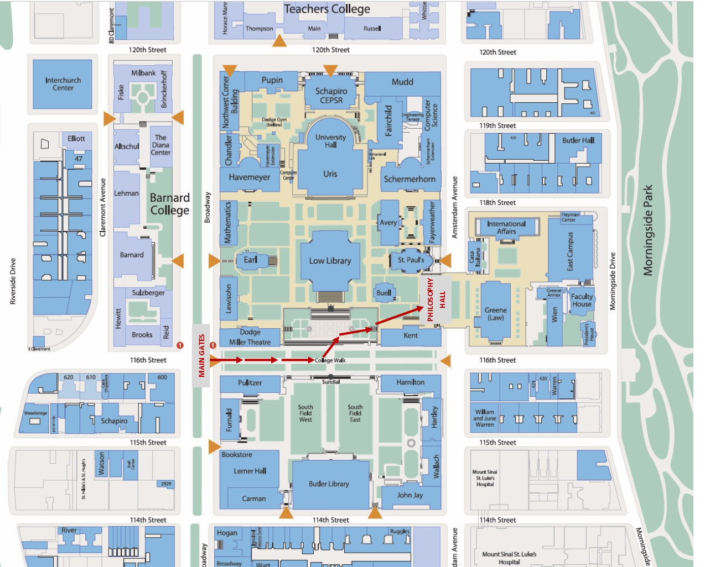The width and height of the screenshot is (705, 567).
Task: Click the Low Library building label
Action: click(x=330, y=261)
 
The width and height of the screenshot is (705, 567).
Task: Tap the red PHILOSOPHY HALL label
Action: click(x=436, y=299)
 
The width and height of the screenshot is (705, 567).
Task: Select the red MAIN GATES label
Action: click(x=201, y=355)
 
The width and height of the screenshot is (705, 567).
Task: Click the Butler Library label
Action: click(x=329, y=484)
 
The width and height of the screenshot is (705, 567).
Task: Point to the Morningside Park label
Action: click(x=648, y=230)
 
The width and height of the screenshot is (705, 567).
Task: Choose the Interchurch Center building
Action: click(x=63, y=84)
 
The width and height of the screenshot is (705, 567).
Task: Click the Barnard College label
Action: click(x=170, y=204)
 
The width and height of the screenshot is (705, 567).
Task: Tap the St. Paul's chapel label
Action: click(x=411, y=260)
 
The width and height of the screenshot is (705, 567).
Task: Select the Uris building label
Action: click(x=330, y=174)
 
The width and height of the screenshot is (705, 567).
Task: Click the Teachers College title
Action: click(x=327, y=9)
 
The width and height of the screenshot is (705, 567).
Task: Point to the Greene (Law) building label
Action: click(x=495, y=314)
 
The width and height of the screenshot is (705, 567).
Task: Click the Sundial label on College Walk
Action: click(x=331, y=382)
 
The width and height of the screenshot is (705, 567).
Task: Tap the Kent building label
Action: click(x=411, y=335)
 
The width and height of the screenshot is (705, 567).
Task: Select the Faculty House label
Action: click(x=582, y=300)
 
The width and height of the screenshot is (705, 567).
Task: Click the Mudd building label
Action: click(x=402, y=82)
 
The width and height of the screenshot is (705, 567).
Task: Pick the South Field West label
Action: click(x=305, y=413)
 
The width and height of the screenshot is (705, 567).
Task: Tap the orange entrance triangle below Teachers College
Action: click(x=280, y=41)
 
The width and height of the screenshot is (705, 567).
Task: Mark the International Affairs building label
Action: click(x=506, y=228)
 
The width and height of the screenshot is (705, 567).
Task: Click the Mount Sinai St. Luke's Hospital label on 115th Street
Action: click(x=485, y=478)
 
